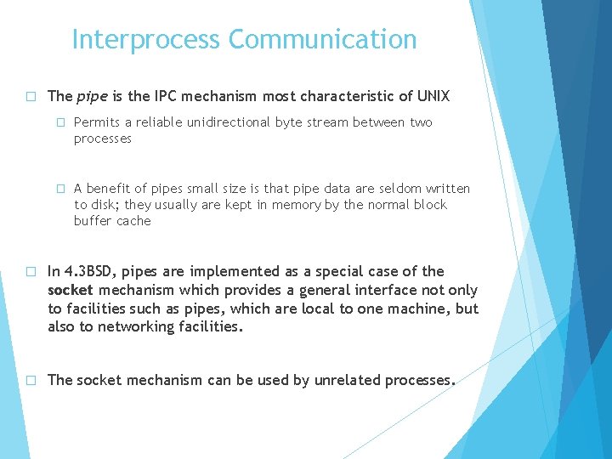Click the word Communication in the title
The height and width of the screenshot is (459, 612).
[x=322, y=40]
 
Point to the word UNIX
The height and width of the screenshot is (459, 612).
[x=433, y=96]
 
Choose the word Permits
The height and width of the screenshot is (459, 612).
[x=98, y=122]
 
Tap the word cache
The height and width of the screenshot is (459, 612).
[x=134, y=221]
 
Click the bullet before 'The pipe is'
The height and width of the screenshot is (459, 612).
[x=30, y=96]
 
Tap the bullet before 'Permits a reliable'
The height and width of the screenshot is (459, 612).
[x=60, y=122]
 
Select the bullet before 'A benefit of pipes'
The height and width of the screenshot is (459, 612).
[x=60, y=189]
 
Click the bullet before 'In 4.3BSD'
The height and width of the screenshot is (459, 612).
[x=30, y=271]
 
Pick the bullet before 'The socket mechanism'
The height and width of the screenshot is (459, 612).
[x=30, y=380]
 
